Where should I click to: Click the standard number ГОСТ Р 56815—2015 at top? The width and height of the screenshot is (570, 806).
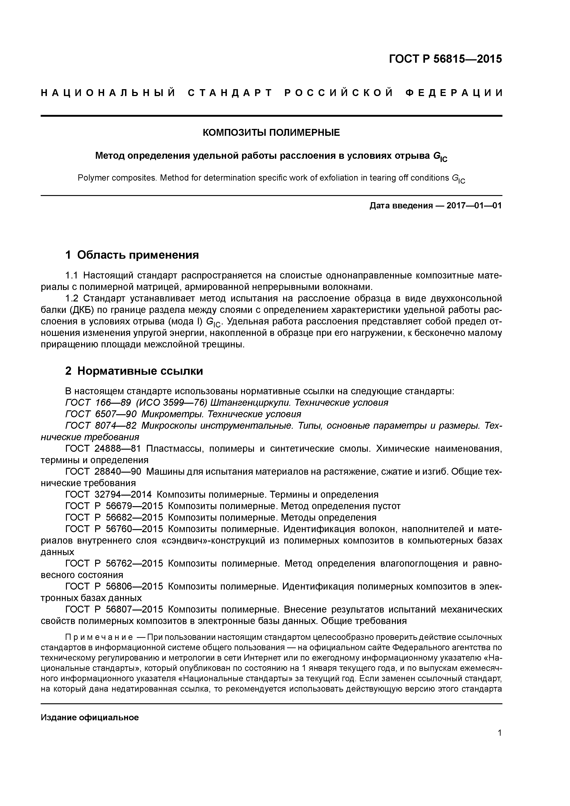[445, 59]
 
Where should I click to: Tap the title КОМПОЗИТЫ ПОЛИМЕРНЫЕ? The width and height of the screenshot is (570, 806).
[271, 133]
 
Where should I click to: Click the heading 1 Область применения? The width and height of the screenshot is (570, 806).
[132, 255]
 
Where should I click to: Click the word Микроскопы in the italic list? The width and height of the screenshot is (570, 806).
[171, 426]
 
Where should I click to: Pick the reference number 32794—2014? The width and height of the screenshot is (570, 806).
[123, 495]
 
